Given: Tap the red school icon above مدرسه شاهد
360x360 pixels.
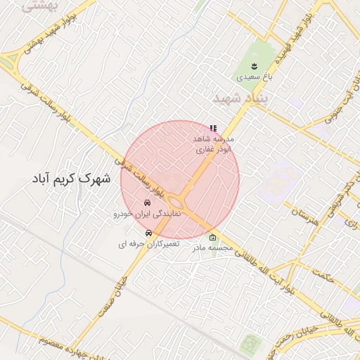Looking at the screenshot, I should coord(213,128).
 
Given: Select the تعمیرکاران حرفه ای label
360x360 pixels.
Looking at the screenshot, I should coord(148,243).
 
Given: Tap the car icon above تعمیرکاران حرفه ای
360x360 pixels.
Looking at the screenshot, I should coord(148,233).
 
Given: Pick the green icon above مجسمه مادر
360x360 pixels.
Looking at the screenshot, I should coord(213,238).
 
